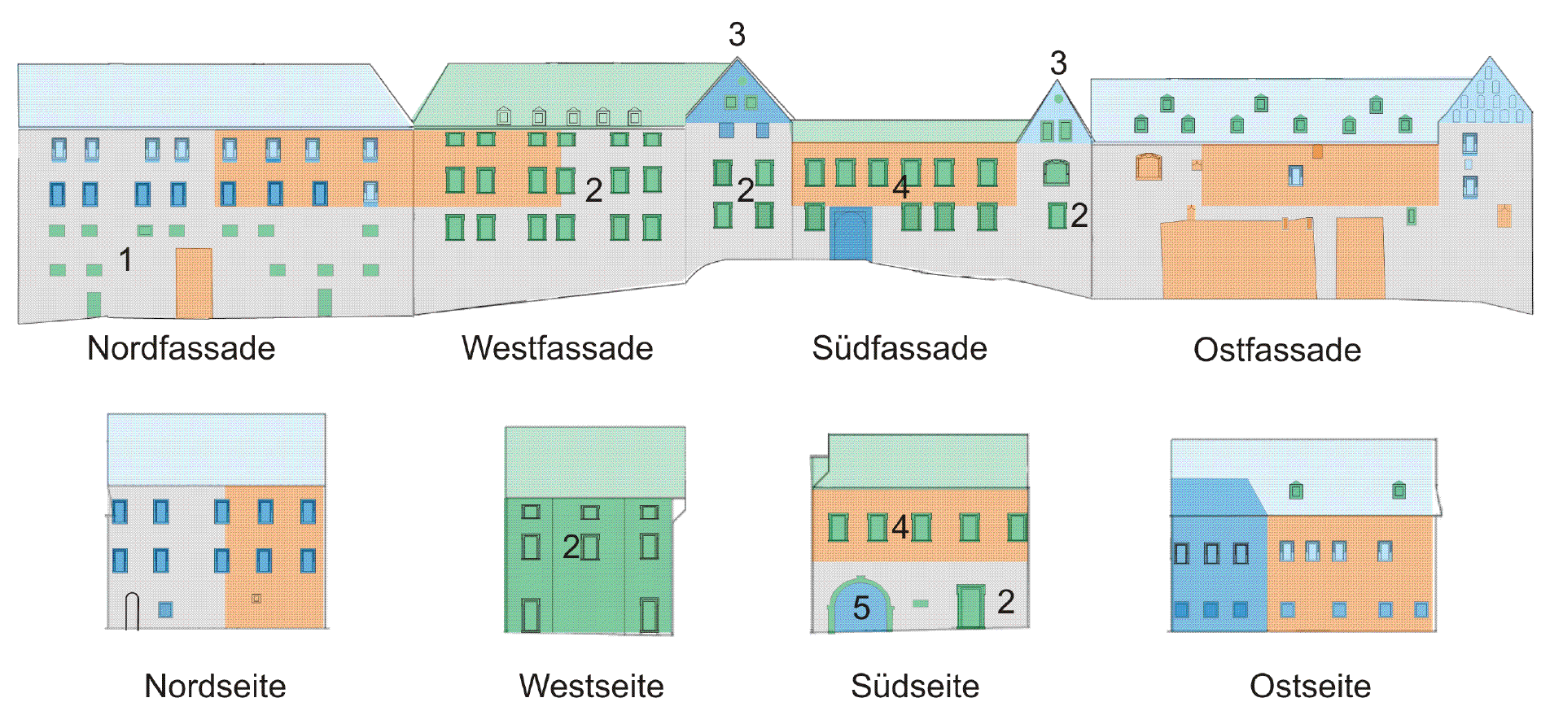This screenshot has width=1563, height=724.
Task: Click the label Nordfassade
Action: click(181, 348)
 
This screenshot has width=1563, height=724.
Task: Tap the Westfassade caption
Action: click(557, 348)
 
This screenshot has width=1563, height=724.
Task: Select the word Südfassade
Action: click(900, 348)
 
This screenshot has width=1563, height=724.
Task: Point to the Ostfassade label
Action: click(1277, 350)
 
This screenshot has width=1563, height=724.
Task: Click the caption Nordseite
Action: click(215, 686)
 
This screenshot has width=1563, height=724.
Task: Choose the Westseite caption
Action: click(591, 686)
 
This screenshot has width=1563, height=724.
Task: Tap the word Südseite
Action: click(915, 686)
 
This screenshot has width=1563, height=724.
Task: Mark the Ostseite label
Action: click(1310, 686)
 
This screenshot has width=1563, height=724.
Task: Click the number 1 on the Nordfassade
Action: click(125, 260)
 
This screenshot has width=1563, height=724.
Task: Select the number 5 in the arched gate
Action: click(861, 608)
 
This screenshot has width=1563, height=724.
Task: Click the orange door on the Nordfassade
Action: click(194, 283)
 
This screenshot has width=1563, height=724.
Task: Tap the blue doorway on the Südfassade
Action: click(851, 234)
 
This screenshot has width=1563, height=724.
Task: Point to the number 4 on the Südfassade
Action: click(900, 187)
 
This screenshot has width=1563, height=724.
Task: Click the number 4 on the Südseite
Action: click(900, 526)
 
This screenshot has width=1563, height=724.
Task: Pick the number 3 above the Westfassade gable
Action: click(737, 34)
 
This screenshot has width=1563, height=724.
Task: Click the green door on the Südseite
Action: click(970, 607)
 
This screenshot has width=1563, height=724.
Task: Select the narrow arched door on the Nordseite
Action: click(132, 612)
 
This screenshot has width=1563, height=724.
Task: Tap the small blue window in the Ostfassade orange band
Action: click(1295, 176)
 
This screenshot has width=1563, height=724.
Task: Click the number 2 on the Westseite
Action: click(571, 547)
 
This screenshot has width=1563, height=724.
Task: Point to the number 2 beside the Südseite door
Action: click(1006, 602)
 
